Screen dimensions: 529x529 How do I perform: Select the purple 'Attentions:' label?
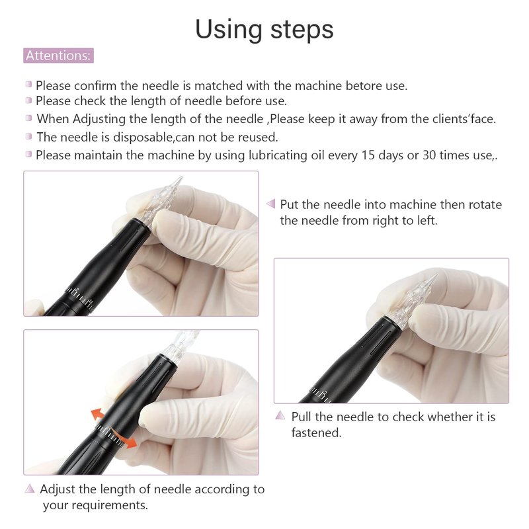tap(58, 56)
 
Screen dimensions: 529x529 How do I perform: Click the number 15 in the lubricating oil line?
tap(368, 155)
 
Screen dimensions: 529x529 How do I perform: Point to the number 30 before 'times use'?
tap(429, 155)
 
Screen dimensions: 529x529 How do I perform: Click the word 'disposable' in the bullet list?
tap(143, 138)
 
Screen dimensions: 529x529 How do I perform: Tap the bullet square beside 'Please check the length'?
tap(28, 101)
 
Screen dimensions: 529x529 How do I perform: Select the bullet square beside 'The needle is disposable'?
tap(28, 136)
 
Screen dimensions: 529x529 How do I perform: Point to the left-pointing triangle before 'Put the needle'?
tap(271, 204)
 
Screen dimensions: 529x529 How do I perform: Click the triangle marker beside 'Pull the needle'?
tap(280, 415)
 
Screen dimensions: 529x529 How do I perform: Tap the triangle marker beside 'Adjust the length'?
tap(30, 488)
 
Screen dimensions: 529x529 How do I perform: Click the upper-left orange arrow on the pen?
tap(98, 415)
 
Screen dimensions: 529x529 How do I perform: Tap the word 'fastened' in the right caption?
tap(315, 433)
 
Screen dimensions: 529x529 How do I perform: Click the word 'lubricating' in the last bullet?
tap(278, 155)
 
